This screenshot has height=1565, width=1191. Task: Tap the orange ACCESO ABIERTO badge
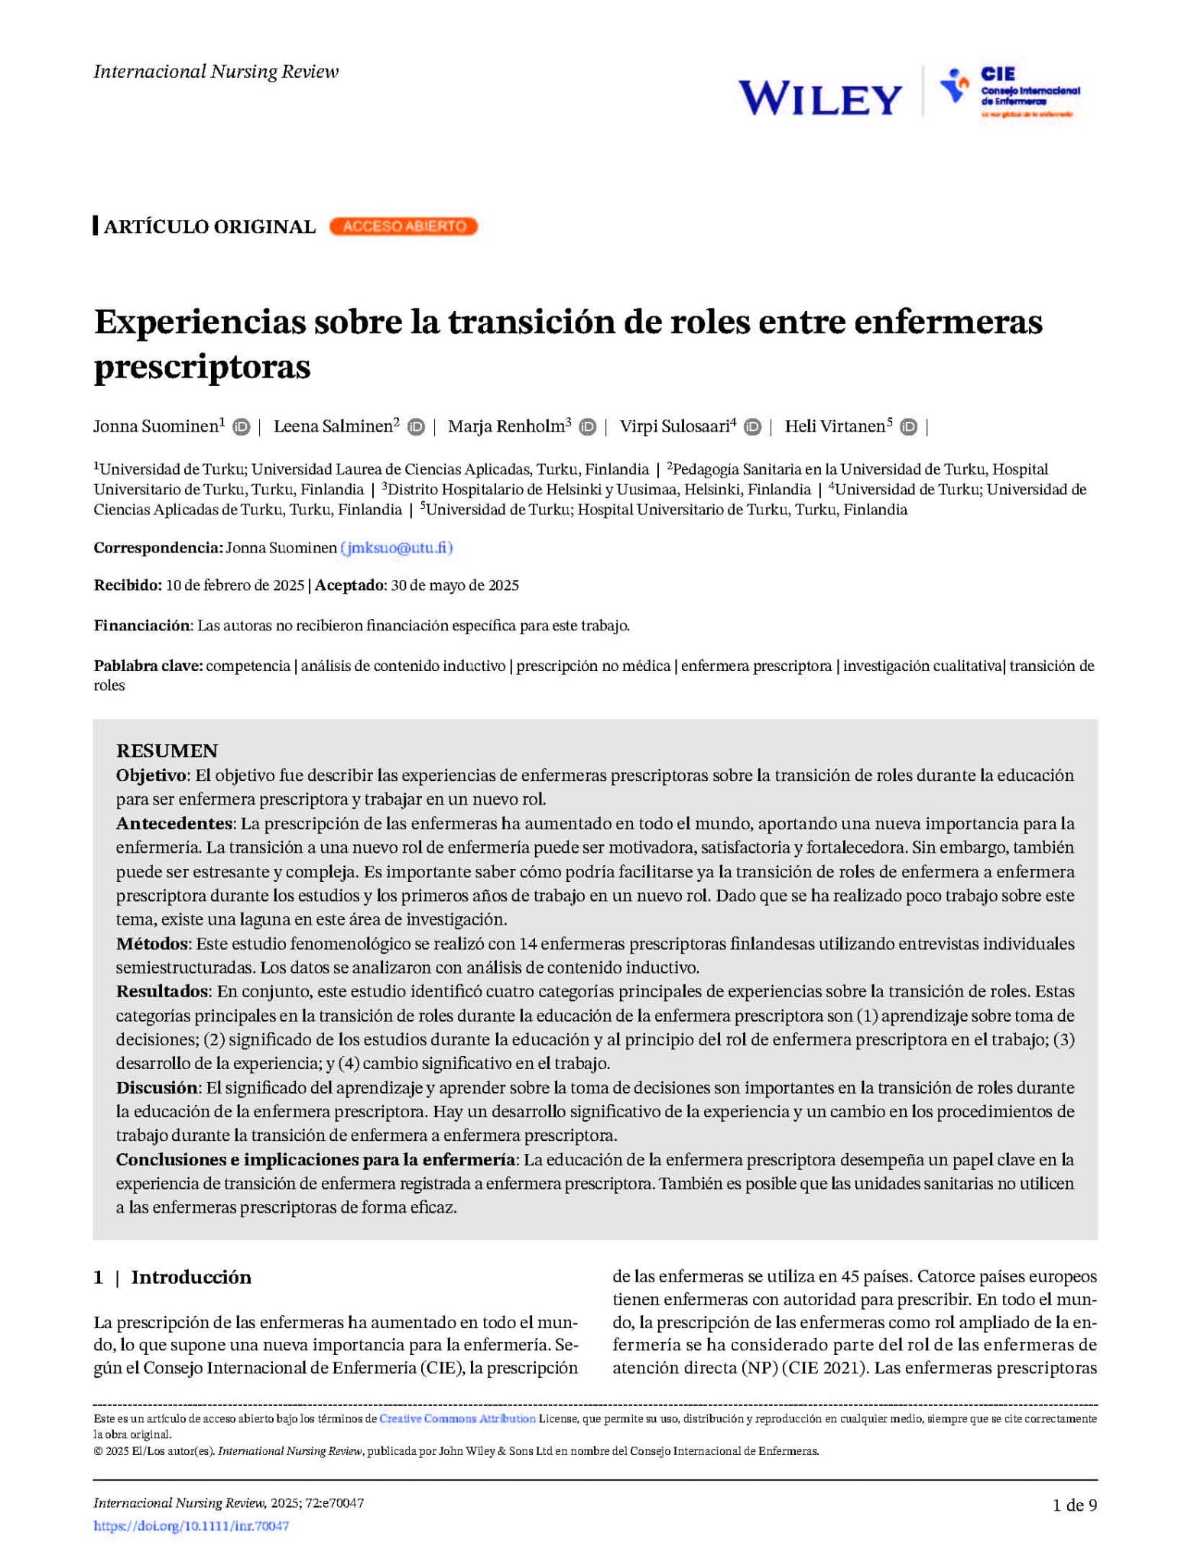point(403,226)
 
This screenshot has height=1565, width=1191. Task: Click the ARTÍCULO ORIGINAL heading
point(209,227)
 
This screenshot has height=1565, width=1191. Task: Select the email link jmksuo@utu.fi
point(397,548)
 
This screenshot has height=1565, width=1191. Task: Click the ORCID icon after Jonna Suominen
point(242,427)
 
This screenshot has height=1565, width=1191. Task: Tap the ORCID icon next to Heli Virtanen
point(908,427)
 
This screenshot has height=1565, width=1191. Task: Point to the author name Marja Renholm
point(505,426)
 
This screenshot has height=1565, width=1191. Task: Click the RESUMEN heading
point(167,750)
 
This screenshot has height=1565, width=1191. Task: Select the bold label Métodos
point(151,944)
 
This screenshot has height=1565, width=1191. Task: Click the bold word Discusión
point(157,1087)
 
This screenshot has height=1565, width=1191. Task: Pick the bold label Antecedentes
point(174,824)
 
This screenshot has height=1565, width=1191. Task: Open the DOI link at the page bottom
point(191,1526)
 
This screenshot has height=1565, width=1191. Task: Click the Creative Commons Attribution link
point(457,1418)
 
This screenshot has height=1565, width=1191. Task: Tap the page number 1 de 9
point(1075,1505)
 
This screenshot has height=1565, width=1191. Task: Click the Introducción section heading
point(191,1278)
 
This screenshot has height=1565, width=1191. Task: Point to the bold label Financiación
point(141,626)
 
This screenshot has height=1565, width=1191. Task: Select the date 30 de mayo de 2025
point(455,586)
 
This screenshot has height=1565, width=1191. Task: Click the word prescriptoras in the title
point(203,367)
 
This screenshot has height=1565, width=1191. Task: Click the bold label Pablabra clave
point(148,666)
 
